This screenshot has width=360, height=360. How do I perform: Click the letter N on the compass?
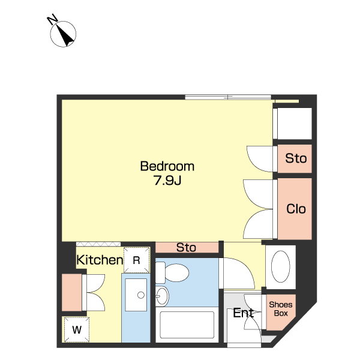click(52, 19)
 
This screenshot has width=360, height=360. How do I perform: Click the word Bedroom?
click(167, 166)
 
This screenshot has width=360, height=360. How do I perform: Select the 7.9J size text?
click(167, 181)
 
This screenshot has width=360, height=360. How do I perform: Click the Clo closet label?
click(296, 209)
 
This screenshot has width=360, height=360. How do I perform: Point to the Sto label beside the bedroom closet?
click(296, 158)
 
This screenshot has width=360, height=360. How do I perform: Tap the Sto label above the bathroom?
click(186, 247)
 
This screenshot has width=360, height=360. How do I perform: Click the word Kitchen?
click(100, 260)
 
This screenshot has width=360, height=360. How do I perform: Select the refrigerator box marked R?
click(137, 260)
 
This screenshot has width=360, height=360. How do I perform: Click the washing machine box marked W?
click(77, 329)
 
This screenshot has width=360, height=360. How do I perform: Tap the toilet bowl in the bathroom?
click(177, 272)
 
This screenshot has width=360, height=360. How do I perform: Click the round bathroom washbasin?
click(162, 296)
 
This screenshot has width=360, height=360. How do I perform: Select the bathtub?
click(187, 325)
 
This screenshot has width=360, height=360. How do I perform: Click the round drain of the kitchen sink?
click(141, 295)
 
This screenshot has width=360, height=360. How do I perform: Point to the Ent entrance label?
click(244, 313)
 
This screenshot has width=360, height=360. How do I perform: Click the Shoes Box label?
click(281, 309)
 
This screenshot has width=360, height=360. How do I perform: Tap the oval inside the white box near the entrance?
click(281, 266)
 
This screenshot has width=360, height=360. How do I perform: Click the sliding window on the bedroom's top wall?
click(228, 97)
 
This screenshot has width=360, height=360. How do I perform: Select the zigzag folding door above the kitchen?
click(98, 244)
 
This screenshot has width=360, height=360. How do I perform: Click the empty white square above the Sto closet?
click(295, 124)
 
